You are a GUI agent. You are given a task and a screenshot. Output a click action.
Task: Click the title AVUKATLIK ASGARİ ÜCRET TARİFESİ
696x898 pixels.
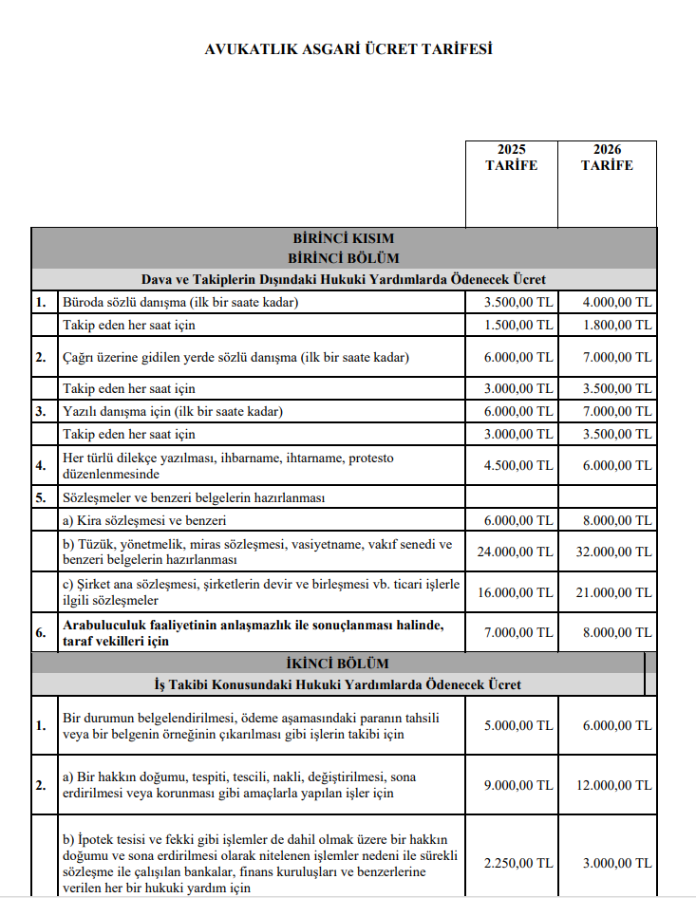(348, 49)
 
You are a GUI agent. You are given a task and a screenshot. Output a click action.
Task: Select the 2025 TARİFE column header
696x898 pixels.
(511, 158)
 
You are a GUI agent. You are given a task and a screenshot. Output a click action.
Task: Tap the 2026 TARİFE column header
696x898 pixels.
(607, 158)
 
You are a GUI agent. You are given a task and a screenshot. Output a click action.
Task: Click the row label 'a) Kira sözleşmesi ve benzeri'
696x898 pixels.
(144, 520)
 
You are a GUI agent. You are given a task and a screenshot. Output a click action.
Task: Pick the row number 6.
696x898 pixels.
(41, 632)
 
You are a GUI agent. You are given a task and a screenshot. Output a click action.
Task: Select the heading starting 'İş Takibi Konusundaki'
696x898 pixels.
(336, 684)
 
